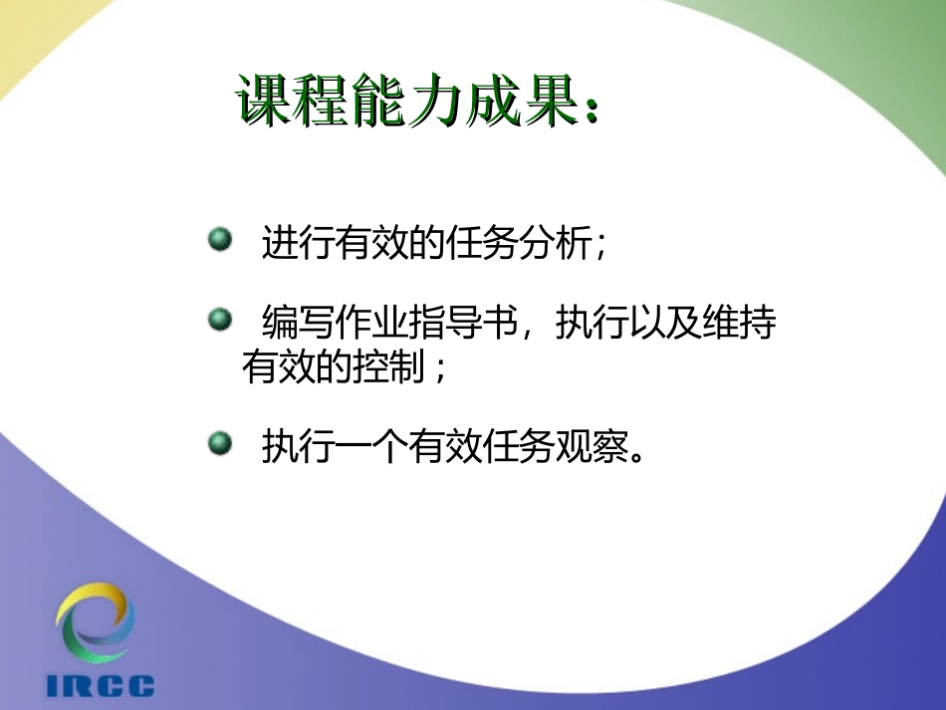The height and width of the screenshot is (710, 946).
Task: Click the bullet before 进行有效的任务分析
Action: tap(219, 239)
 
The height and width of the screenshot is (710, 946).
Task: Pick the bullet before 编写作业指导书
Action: tap(219, 320)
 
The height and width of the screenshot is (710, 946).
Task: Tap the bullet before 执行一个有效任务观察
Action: tap(219, 443)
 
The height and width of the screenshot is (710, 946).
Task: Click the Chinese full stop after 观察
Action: tap(642, 456)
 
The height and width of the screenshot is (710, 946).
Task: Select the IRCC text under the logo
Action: tap(100, 686)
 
